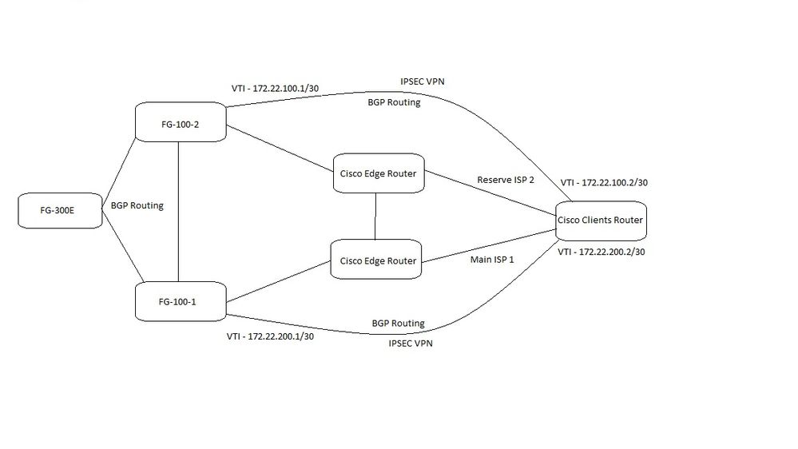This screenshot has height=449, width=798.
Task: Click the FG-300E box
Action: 60,211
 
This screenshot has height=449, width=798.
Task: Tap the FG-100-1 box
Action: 180,302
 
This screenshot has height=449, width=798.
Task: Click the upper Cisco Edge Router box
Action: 378,174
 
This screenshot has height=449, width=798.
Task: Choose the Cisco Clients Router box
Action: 600,220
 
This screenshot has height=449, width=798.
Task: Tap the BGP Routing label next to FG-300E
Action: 137,205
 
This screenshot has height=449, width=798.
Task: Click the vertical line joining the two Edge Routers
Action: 375,217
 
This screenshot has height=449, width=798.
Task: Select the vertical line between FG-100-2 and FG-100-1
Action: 178,212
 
